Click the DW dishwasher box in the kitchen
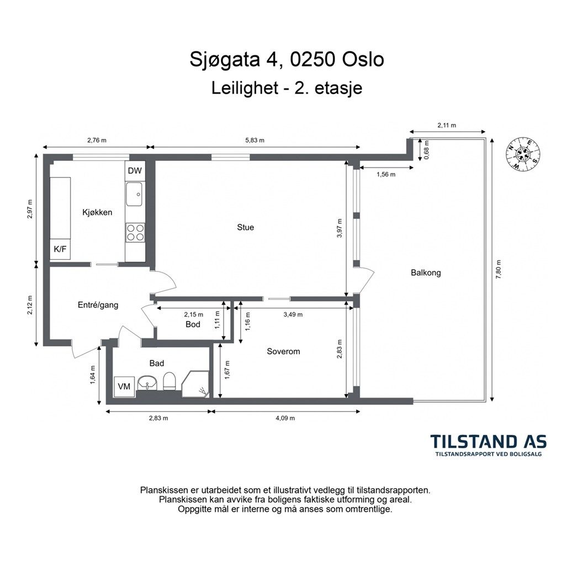pos(135,171)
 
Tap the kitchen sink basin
pos(134,194)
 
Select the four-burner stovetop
pos(135,233)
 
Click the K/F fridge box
pos(60,249)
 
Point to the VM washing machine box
pos(124,386)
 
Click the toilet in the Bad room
pos(170,381)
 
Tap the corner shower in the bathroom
pos(196,384)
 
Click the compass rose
pos(522,153)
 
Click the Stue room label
pos(246,227)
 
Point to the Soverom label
pos(283,352)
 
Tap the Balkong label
pos(426,273)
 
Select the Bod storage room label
pos(193,324)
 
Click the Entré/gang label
pos(98,305)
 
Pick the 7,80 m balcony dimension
pos(499,270)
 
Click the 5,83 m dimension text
pos(255,140)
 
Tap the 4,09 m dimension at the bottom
pos(285,418)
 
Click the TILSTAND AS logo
pos(488,445)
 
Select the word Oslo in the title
pos(363,59)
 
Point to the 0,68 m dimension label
pos(426,150)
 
